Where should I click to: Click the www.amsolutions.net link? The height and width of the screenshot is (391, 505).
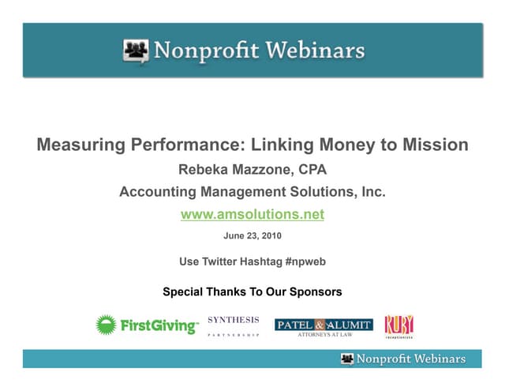click(252, 214)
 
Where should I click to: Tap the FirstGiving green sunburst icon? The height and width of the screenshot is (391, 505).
click(107, 325)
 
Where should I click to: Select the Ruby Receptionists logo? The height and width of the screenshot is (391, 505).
click(398, 325)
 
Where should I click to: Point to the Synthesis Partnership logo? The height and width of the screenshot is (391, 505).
click(233, 325)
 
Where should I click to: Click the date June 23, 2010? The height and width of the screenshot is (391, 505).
click(252, 235)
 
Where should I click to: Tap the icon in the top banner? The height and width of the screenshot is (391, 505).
click(136, 51)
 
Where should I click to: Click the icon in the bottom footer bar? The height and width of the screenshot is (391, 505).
click(347, 359)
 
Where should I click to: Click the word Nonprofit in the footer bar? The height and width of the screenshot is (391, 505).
click(383, 359)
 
